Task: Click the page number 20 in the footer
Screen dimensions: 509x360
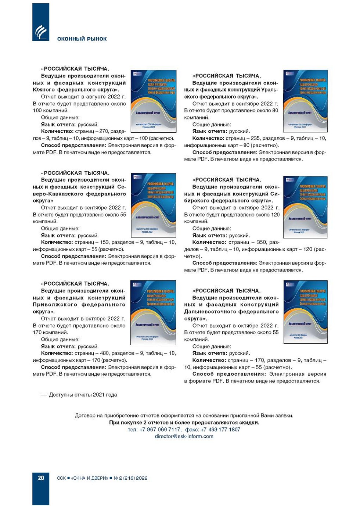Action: tap(41, 478)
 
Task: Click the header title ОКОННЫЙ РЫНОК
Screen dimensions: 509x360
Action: tap(82, 39)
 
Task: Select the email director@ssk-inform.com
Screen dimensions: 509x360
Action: tap(184, 436)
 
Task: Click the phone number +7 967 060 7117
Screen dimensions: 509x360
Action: tap(160, 429)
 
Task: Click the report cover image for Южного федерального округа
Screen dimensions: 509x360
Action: tap(154, 101)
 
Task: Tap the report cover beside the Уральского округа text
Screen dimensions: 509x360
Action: tap(305, 101)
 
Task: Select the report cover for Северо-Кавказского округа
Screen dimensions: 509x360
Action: tap(154, 205)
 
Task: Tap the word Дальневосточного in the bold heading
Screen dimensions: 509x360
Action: tap(210, 312)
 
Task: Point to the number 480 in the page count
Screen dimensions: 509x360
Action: tap(103, 353)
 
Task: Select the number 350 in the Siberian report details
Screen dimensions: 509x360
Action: tap(262, 242)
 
